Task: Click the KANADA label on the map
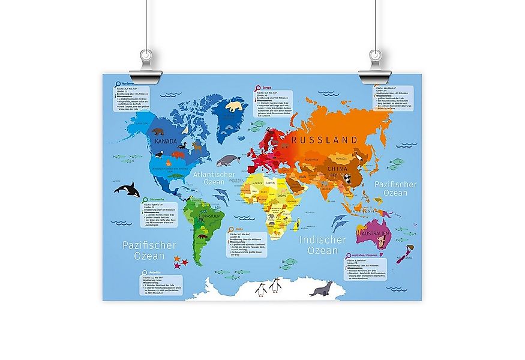coord(166,142)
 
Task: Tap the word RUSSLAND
coord(324,140)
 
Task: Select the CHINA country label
coord(337,169)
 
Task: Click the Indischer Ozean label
coord(323,245)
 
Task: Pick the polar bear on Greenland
coord(234,107)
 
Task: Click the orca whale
coord(128,190)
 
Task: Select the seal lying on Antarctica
coord(320,289)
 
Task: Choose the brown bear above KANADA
coord(158,131)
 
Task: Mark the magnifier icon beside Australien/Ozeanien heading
coord(348,256)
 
